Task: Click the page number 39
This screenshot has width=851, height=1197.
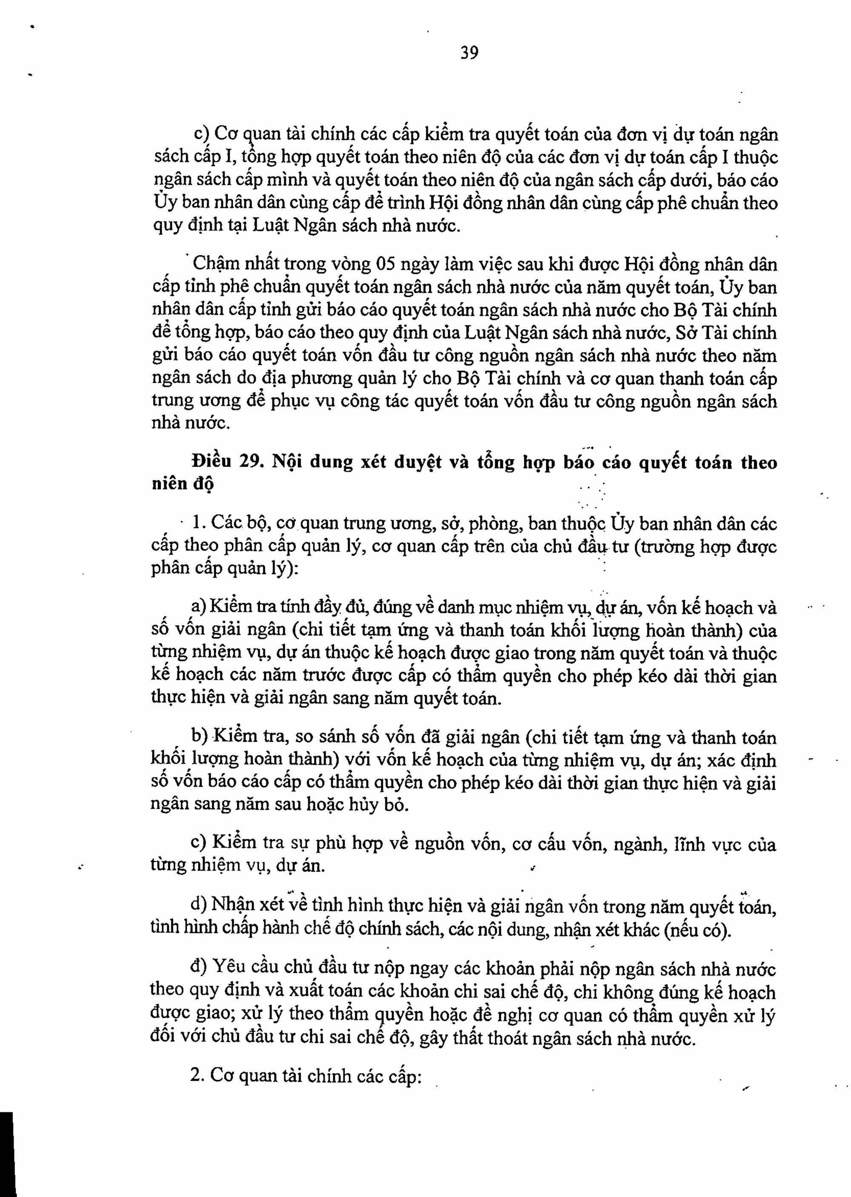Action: [469, 53]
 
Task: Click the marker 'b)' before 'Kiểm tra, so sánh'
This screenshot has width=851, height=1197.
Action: [200, 736]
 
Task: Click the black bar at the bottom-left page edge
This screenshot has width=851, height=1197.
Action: [7, 1153]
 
